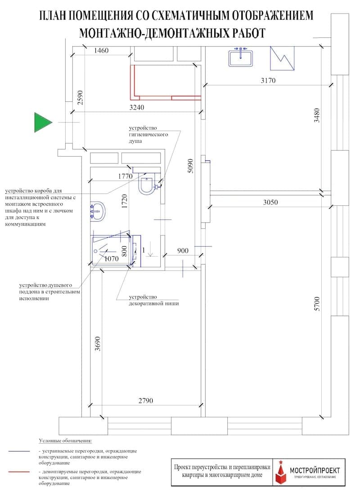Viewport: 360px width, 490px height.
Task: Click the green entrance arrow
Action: click(43, 122)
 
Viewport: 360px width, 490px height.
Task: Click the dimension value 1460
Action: click(101, 50)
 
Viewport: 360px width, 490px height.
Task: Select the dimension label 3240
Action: click(137, 108)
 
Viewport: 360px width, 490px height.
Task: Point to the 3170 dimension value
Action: click(268, 80)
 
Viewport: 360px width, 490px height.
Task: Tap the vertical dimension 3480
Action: click(317, 115)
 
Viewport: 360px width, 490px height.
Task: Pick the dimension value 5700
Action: click(317, 304)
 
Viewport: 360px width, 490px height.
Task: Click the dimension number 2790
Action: click(146, 401)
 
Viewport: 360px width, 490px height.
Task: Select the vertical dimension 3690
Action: click(98, 344)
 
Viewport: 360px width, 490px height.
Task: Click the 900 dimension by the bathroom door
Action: click(183, 250)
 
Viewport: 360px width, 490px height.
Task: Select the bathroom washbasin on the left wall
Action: click(98, 212)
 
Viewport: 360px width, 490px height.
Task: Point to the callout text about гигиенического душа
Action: click(148, 134)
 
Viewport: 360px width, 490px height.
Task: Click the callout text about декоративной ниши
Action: click(153, 300)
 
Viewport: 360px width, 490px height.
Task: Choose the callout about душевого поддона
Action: click(49, 292)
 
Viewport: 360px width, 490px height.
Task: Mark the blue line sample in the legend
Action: click(19, 451)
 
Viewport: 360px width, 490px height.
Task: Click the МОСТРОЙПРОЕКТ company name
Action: click(315, 470)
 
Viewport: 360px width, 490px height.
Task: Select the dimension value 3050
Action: click(270, 202)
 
